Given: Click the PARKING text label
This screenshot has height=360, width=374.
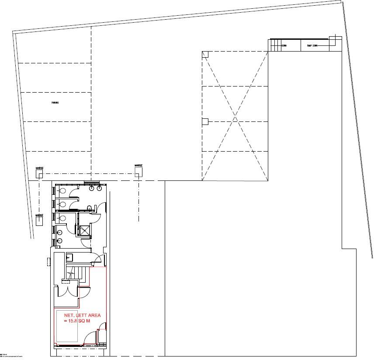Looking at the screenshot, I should coord(55,103).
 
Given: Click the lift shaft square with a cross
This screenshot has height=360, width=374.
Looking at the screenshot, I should coord(83,230).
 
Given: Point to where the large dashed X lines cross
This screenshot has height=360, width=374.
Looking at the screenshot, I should coord(235,118).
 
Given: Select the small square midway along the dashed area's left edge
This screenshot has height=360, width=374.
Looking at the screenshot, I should coord(204,121).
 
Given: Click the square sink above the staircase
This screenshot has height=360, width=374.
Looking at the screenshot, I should coord(70,256).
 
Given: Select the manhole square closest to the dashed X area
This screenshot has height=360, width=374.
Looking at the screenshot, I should coord(138,174).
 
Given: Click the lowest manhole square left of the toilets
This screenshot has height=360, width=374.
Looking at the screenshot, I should coord(39,221).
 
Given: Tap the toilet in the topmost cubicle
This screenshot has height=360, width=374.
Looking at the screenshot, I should coord(63,191).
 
